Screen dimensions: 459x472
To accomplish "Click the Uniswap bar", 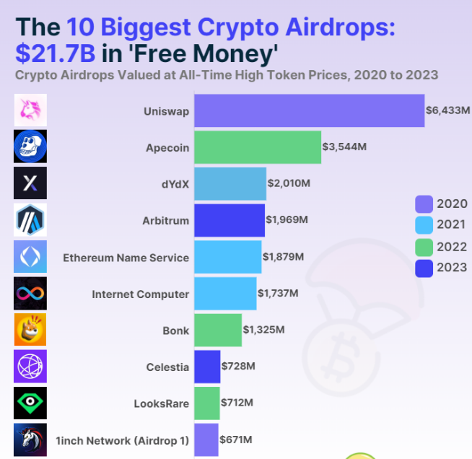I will click(x=309, y=110).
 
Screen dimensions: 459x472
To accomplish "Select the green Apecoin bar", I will click(x=258, y=147).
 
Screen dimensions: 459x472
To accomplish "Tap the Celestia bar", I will click(x=207, y=367).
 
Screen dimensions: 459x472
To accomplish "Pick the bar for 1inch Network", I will click(x=206, y=440).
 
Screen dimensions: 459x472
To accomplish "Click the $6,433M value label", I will click(x=447, y=110).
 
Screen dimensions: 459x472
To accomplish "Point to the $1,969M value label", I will click(x=287, y=220).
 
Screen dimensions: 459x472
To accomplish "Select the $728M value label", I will click(x=239, y=367).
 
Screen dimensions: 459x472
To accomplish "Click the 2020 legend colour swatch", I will click(x=424, y=204).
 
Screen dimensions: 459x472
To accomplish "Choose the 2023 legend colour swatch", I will click(x=424, y=268).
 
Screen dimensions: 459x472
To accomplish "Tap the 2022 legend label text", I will click(x=452, y=247).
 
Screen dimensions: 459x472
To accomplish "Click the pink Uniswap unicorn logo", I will click(x=30, y=110).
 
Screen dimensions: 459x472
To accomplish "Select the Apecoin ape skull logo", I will click(x=30, y=147).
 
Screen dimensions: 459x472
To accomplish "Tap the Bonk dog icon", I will click(x=30, y=330).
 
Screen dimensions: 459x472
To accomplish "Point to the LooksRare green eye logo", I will click(x=30, y=403).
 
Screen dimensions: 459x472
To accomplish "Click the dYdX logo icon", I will click(x=30, y=183).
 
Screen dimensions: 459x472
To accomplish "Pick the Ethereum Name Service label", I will click(x=126, y=257).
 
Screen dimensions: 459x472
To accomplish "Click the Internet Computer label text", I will click(x=140, y=294).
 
